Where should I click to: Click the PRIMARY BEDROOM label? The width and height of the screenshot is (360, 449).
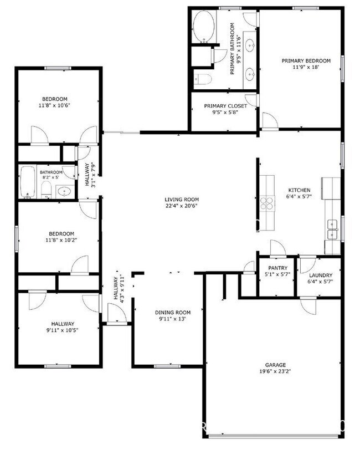pyautogui.click(x=306, y=60)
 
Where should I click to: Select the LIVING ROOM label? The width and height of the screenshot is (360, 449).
pyautogui.click(x=181, y=200)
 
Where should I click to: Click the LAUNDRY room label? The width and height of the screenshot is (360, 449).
pyautogui.click(x=320, y=275)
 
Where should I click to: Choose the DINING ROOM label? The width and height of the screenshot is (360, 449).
pyautogui.click(x=172, y=312)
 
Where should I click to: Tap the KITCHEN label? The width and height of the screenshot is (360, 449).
pyautogui.click(x=299, y=190)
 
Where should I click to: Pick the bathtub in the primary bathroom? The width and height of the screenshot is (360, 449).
pyautogui.click(x=203, y=27)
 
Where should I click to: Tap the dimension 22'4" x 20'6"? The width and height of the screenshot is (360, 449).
pyautogui.click(x=181, y=206)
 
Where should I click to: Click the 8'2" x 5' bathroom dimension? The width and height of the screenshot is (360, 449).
pyautogui.click(x=50, y=179)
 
